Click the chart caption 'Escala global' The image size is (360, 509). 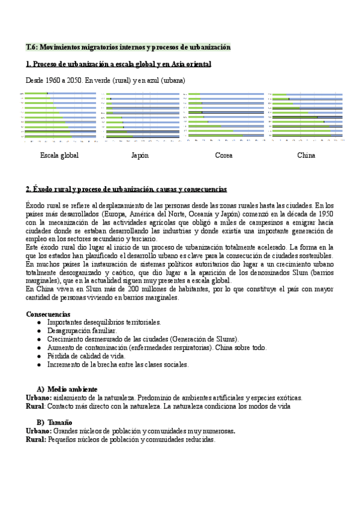pyautogui.click(x=59, y=155)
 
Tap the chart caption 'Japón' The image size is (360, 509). pyautogui.click(x=140, y=155)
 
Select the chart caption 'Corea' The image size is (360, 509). pyautogui.click(x=224, y=155)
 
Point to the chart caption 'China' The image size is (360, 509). pyautogui.click(x=305, y=155)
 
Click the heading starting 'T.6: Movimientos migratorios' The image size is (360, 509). pyautogui.click(x=128, y=47)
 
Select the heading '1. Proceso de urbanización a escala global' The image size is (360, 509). pyautogui.click(x=118, y=64)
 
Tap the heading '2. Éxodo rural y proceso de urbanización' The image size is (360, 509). pyautogui.click(x=127, y=189)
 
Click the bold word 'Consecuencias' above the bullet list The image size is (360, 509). pyautogui.click(x=48, y=314)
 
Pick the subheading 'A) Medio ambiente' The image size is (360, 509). pyautogui.click(x=65, y=389)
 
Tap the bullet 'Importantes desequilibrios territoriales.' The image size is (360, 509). pyautogui.click(x=104, y=322)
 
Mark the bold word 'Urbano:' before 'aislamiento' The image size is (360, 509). pyautogui.click(x=39, y=397)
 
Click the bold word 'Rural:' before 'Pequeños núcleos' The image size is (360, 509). pyautogui.click(x=36, y=439)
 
